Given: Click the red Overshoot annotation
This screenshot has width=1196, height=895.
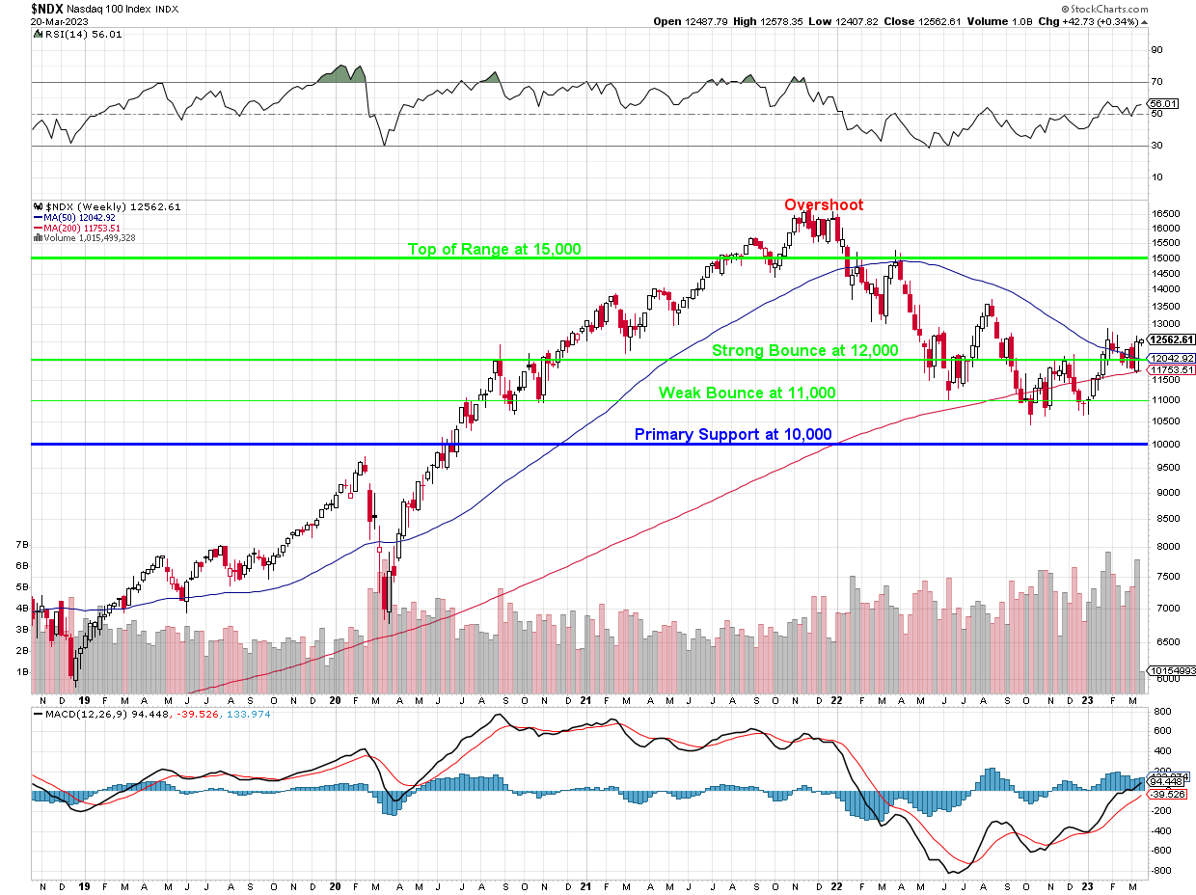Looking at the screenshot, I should [823, 204].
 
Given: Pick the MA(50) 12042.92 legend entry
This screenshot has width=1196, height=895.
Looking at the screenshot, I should [82, 217].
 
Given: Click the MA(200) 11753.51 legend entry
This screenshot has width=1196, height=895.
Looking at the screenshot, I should [84, 227].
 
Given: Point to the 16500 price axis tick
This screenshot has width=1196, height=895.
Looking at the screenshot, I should [1164, 213].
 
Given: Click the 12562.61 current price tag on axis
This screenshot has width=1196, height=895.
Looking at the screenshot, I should [1169, 339].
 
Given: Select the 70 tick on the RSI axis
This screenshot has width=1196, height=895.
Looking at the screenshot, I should [1155, 82].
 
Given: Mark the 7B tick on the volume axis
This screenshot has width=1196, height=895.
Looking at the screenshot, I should [21, 545].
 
